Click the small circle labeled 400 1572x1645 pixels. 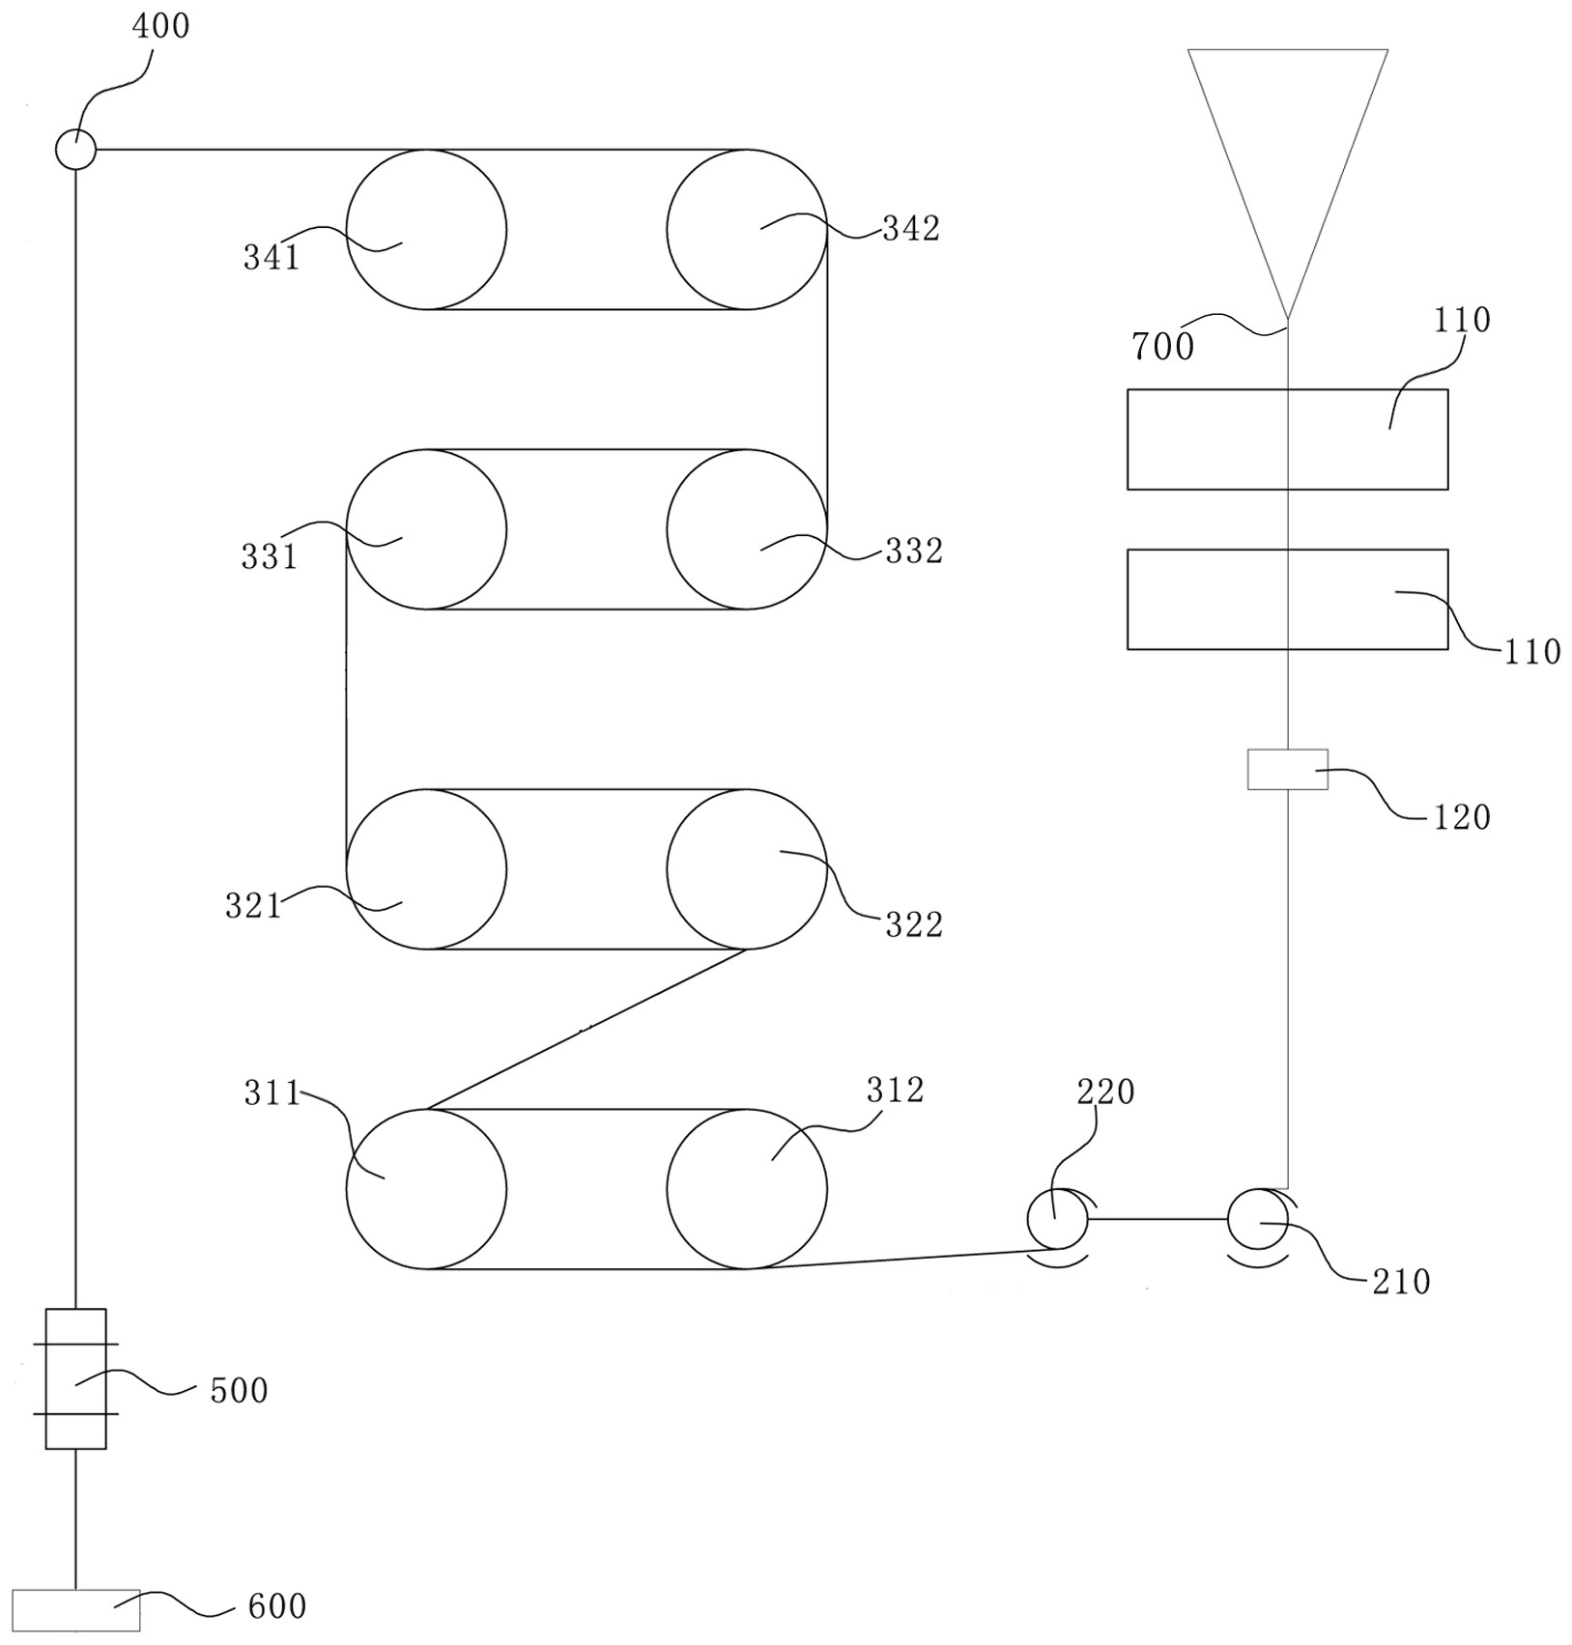coord(75,150)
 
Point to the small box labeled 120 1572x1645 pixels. coord(1287,769)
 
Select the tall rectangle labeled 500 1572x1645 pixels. coord(75,1378)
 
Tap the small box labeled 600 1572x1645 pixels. coord(75,1609)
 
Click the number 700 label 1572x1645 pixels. coord(1163,346)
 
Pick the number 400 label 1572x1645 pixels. coord(160,26)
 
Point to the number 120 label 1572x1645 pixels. coord(1461,817)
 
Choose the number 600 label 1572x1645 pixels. coord(277,1606)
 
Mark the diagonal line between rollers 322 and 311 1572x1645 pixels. coord(586,1029)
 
